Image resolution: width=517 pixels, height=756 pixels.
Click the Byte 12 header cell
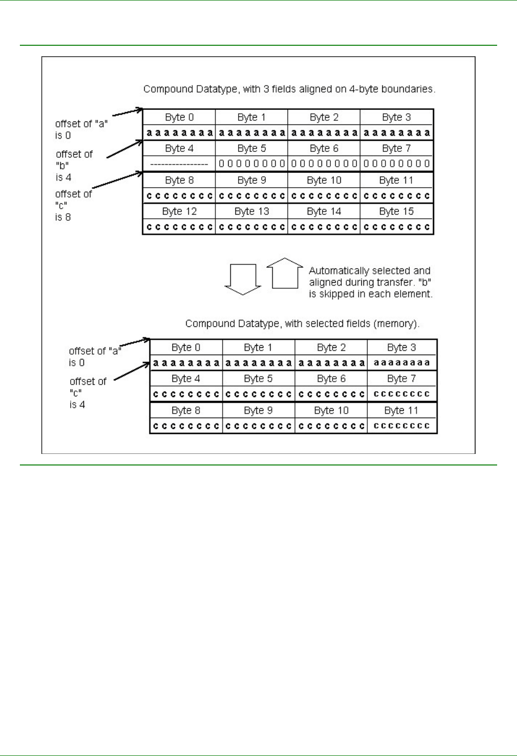179,212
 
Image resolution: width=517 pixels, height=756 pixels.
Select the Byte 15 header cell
396,212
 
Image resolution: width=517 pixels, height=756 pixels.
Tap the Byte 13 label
251,212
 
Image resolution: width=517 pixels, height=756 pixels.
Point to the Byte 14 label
324,212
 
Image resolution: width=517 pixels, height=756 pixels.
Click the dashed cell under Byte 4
179,164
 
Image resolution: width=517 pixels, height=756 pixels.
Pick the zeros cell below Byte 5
251,163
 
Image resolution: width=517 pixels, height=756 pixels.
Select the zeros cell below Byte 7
396,163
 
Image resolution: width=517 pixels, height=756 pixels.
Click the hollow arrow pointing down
242,279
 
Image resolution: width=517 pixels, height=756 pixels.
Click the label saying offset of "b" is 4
74,166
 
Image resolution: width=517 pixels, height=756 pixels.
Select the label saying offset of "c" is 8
73,205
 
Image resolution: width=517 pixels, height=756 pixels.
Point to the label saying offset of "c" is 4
87,393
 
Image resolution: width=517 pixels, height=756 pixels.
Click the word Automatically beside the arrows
339,271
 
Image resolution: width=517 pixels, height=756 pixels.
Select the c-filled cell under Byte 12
179,227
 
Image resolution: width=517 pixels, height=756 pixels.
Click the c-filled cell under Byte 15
396,227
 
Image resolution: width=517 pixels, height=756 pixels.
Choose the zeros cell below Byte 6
324,163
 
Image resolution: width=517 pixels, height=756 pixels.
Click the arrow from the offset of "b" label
125,149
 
